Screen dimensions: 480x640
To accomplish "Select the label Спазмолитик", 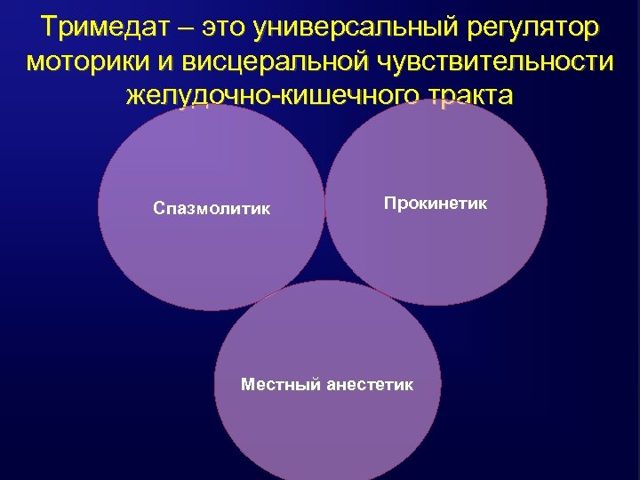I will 212,209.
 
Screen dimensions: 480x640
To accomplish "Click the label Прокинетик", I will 436,204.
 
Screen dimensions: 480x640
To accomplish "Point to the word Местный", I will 281,385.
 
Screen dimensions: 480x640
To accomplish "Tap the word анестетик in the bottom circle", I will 370,385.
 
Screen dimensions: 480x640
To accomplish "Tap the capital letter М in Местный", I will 248,385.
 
